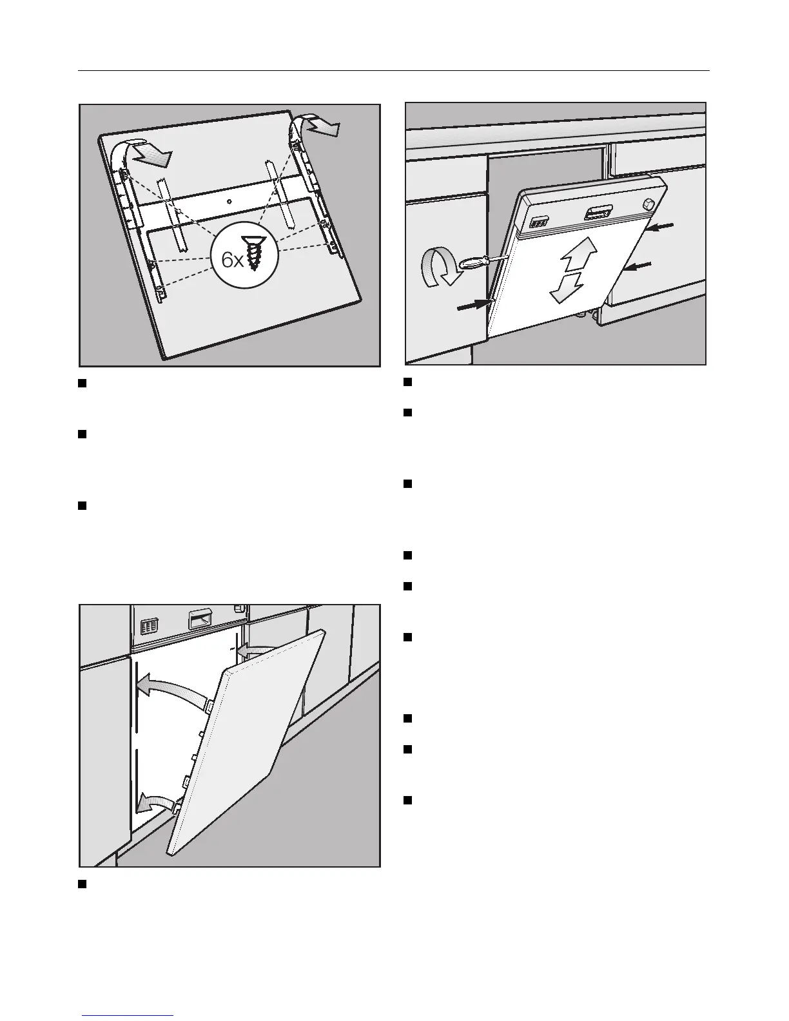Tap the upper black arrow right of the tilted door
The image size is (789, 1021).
(x=661, y=227)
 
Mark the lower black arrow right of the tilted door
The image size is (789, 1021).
(x=638, y=266)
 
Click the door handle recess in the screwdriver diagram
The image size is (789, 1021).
(x=598, y=213)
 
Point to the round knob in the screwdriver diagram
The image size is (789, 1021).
(x=648, y=205)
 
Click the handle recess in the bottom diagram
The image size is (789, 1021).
(x=199, y=621)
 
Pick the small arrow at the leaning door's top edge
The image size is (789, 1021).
(x=250, y=652)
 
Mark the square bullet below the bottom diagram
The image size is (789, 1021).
(x=83, y=883)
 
